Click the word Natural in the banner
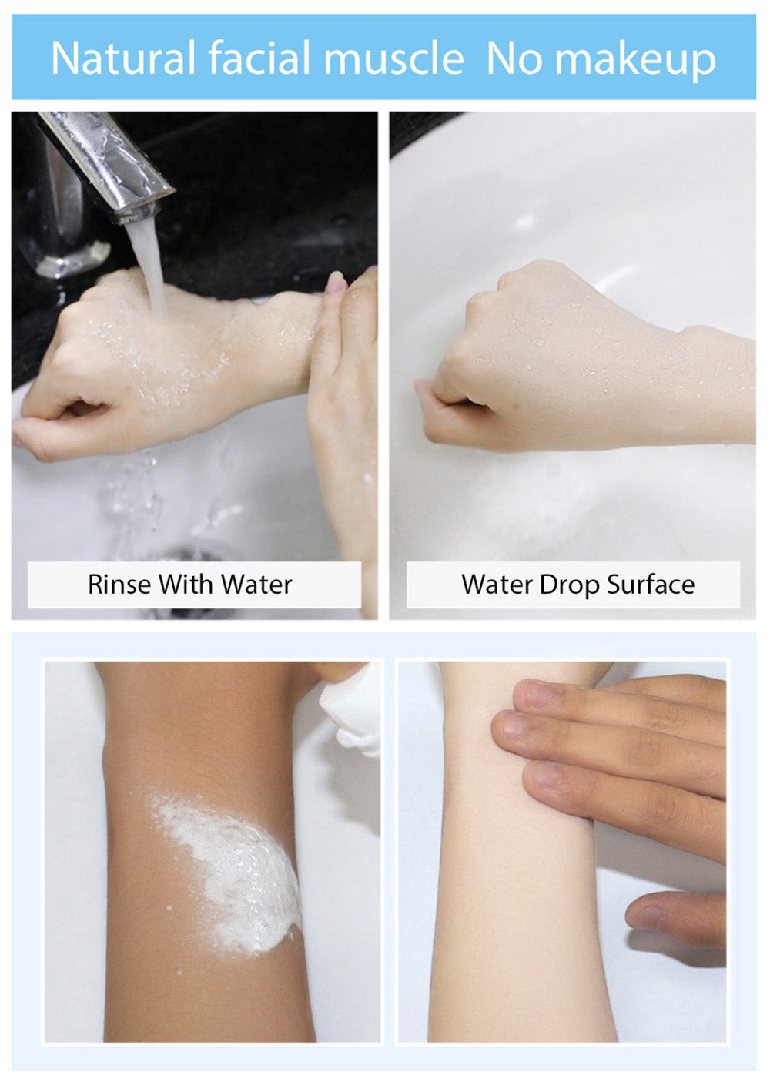(123, 59)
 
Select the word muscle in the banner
(393, 59)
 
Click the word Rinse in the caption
(120, 585)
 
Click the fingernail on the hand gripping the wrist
(336, 284)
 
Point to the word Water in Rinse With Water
(256, 585)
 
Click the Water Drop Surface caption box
(574, 585)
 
